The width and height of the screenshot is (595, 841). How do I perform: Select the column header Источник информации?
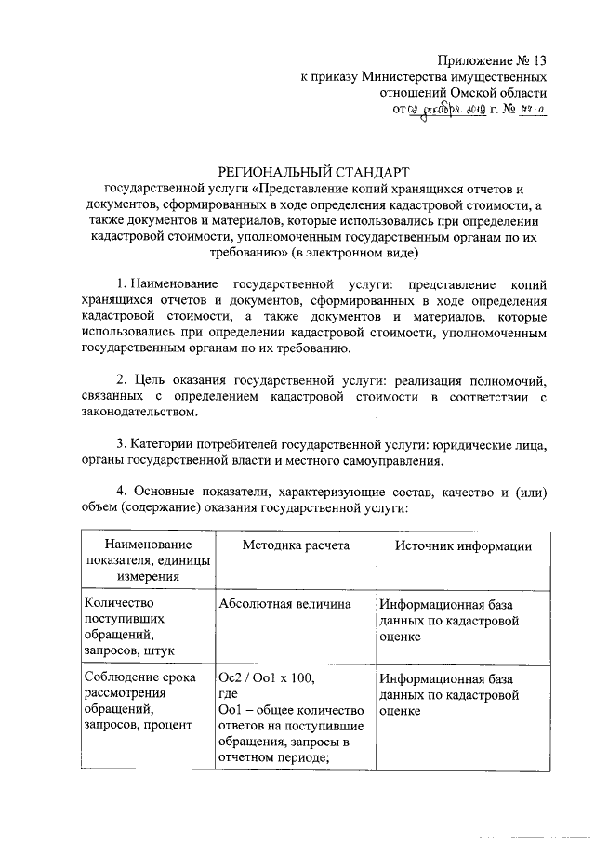point(462,545)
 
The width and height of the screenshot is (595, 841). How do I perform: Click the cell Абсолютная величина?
point(271,604)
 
